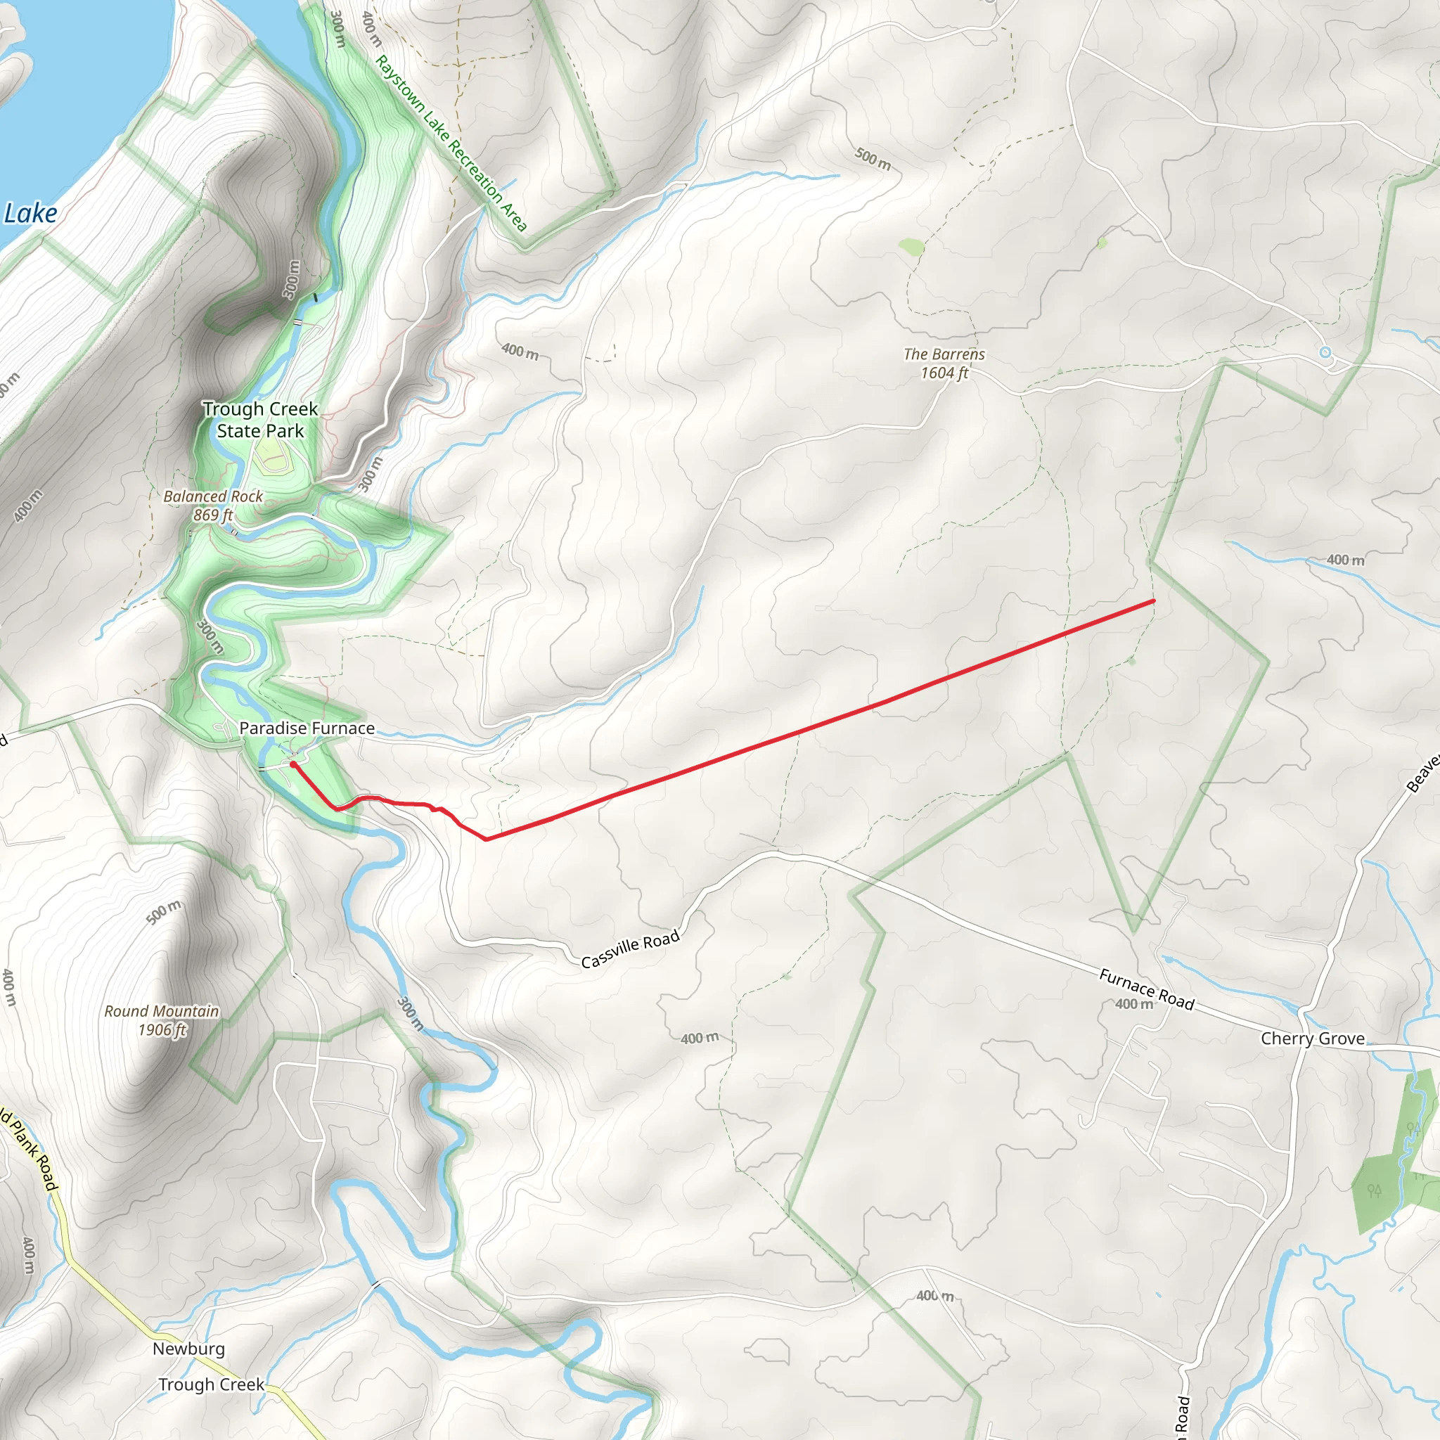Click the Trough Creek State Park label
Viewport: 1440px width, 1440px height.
(x=260, y=420)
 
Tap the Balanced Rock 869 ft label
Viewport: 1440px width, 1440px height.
(x=213, y=506)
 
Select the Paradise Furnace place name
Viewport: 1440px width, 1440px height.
(x=307, y=728)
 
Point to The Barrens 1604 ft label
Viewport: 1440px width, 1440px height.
(x=944, y=364)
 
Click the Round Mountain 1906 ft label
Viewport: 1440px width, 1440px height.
(x=162, y=1020)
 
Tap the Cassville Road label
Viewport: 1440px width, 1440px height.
(x=630, y=949)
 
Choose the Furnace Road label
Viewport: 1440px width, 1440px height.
(x=1146, y=989)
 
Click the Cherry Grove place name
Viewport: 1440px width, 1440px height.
(x=1313, y=1039)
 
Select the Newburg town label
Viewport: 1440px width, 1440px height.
(x=188, y=1349)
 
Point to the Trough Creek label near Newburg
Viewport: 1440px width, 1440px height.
(x=211, y=1384)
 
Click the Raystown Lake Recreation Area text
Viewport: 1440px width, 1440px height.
(x=451, y=142)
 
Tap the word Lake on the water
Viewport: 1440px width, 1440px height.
(x=30, y=214)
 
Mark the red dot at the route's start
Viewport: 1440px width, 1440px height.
(x=294, y=764)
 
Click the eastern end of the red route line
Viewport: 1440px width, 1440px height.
(x=1154, y=600)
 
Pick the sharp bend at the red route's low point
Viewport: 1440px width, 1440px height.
(x=487, y=840)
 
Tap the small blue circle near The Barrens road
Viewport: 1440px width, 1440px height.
(x=1325, y=352)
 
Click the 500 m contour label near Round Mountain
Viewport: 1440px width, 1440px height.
(x=163, y=912)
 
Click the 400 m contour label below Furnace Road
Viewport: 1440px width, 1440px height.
(x=1133, y=1004)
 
